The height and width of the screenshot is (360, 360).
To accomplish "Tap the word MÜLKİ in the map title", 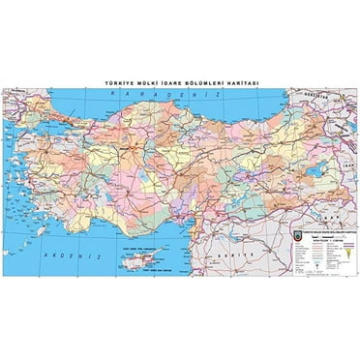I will tap(152, 83).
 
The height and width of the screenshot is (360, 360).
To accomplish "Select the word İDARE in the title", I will tap(175, 83).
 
